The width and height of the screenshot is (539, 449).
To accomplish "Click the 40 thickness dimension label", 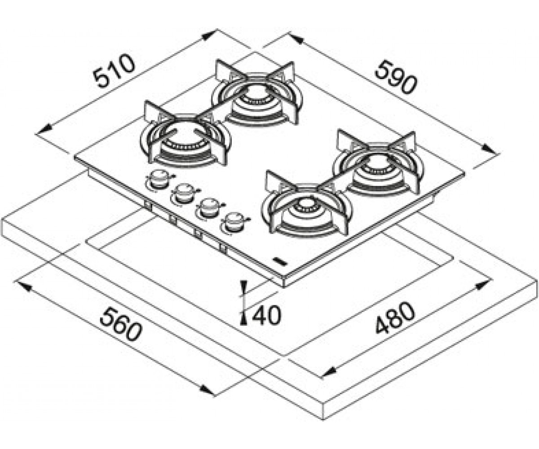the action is (x=266, y=315).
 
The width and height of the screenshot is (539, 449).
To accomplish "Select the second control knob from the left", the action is (x=183, y=193).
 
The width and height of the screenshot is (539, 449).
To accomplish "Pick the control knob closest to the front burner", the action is (x=233, y=222).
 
